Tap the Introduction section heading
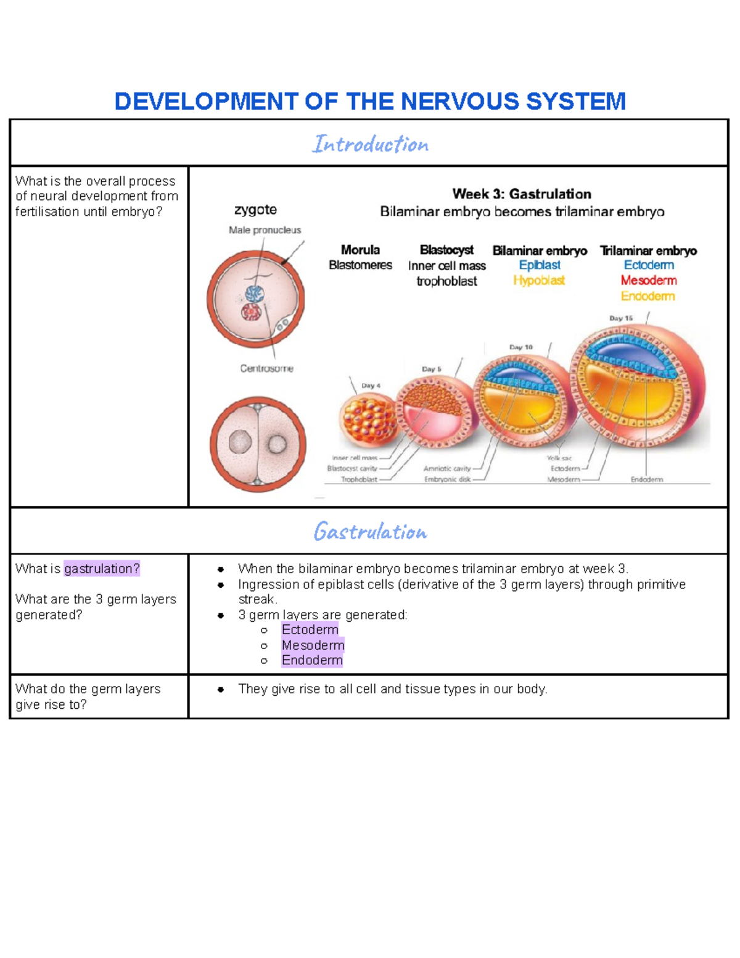tap(370, 144)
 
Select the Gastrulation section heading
tap(370, 532)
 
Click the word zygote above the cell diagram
tap(255, 210)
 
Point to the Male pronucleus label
tap(265, 230)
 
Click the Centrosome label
tap(266, 368)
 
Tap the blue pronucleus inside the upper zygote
tap(255, 293)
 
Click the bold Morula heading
tap(360, 250)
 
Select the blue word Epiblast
tap(540, 265)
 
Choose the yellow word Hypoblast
tap(539, 281)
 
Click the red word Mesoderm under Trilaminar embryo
tap(649, 281)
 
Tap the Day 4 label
tap(371, 386)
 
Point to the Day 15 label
tap(621, 318)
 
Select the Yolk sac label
tap(559, 458)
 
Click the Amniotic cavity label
tap(446, 469)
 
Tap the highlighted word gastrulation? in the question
tap(102, 569)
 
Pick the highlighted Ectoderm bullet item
tap(310, 630)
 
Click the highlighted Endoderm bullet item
tap(312, 660)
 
